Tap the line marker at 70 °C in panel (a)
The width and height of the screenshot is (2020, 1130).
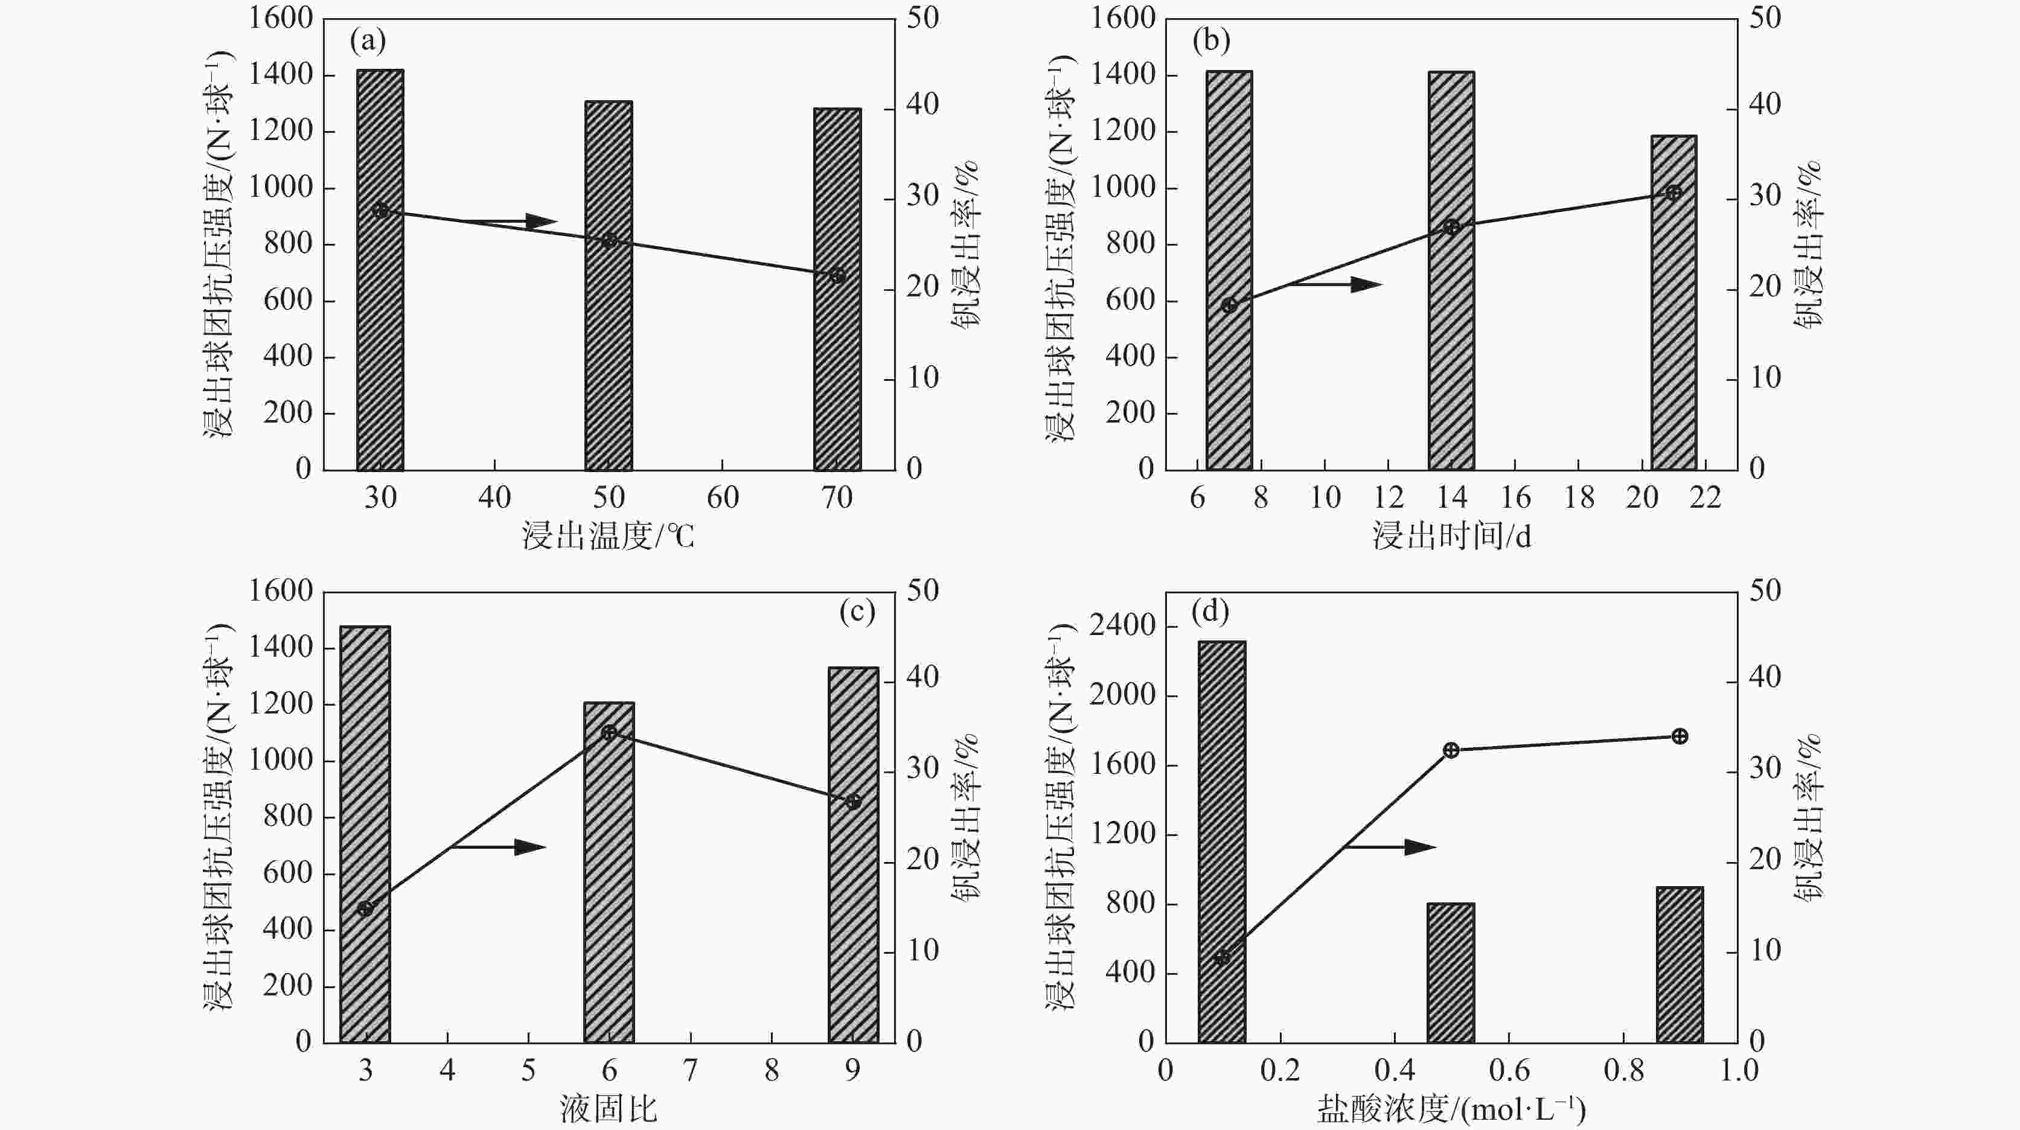pos(837,275)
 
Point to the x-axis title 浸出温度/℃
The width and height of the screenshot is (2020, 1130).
pos(609,537)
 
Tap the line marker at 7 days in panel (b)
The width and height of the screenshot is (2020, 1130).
pos(1229,305)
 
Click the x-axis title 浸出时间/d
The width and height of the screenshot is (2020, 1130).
pos(1451,537)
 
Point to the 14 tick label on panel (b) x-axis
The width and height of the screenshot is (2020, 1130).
pos(1451,497)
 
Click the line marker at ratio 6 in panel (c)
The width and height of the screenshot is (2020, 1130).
pos(609,732)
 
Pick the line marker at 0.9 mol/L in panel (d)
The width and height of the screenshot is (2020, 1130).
pos(1680,736)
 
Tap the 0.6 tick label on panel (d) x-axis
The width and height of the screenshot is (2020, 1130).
pos(1509,1070)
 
